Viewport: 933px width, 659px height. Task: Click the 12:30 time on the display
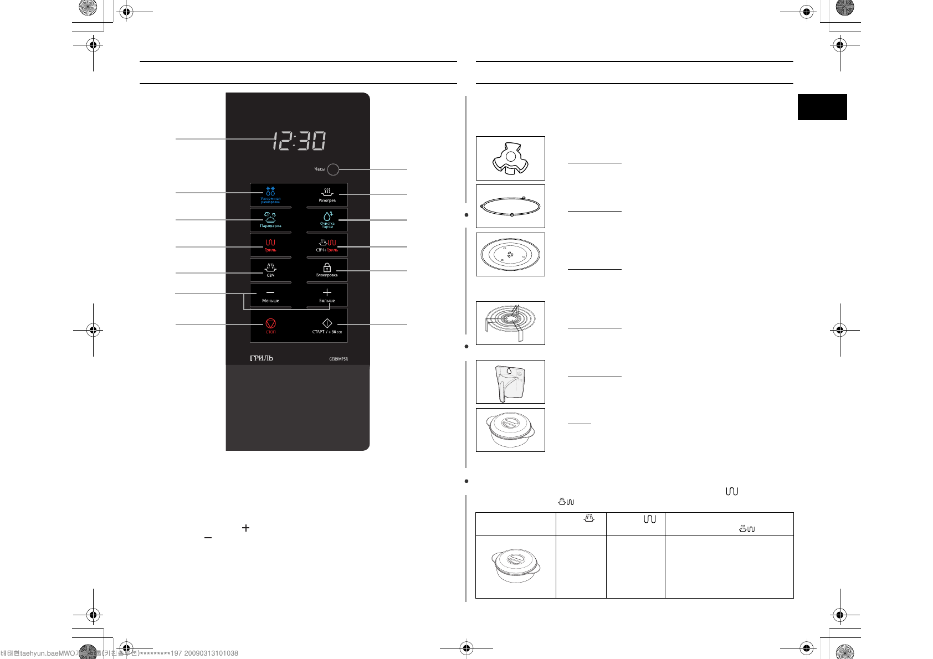(299, 141)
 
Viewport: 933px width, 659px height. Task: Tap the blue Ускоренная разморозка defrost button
(270, 195)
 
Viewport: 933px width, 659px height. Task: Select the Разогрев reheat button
(327, 195)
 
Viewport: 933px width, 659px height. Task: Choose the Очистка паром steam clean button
(327, 220)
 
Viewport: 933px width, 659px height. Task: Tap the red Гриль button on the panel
(270, 245)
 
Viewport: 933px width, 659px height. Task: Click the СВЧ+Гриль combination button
(327, 245)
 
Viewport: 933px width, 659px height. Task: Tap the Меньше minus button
(270, 295)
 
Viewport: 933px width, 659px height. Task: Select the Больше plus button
(327, 295)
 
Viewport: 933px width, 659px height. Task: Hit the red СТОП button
(270, 326)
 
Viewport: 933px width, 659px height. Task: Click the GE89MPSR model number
(339, 359)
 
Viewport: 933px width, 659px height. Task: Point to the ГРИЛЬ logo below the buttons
(262, 358)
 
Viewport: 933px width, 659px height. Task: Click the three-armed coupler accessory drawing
(510, 158)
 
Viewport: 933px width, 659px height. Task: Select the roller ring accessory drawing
(510, 206)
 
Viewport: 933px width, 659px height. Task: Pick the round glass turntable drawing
(510, 255)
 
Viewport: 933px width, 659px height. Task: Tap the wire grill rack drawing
(510, 323)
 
